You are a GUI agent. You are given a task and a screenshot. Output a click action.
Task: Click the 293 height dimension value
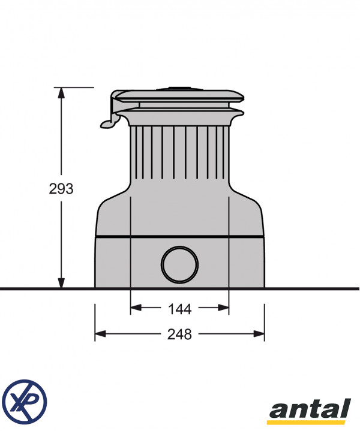point(61,189)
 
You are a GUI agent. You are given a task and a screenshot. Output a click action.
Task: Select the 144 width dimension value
point(179,309)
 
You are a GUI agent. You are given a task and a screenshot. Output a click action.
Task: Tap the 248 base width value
point(179,334)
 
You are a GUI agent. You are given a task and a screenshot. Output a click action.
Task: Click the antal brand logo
point(310,411)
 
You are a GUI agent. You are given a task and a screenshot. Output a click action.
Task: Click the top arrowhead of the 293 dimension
point(61,93)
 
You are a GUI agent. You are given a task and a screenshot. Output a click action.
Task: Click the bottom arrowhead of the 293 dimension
point(61,283)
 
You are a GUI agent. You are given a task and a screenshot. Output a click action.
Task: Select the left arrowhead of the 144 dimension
point(136,308)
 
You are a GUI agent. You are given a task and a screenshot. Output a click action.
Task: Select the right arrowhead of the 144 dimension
point(223,308)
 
